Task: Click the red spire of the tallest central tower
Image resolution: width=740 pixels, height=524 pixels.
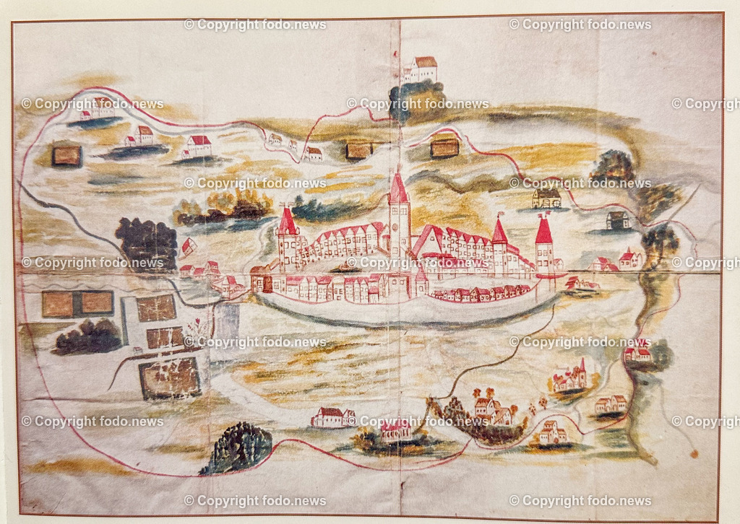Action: tap(398, 189)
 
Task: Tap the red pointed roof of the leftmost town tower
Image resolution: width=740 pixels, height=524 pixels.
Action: tap(288, 222)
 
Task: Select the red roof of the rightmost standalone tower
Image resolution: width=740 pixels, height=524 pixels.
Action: tap(543, 230)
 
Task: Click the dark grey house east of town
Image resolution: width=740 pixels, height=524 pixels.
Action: tap(618, 220)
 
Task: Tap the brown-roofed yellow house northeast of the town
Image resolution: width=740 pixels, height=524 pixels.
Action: tap(547, 198)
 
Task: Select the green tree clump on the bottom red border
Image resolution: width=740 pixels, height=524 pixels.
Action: tap(238, 448)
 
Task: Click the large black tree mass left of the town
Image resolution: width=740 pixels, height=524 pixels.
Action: tap(147, 242)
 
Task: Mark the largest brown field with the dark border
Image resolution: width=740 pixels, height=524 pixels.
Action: tap(170, 378)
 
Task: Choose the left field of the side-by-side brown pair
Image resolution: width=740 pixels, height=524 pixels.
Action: tap(57, 304)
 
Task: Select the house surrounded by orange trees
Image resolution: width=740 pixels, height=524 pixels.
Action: tap(491, 411)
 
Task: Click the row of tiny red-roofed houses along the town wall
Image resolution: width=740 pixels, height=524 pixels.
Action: tap(481, 293)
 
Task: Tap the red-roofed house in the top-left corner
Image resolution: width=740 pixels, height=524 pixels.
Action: tap(97, 108)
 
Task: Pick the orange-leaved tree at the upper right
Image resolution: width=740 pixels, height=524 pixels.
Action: tap(613, 165)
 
